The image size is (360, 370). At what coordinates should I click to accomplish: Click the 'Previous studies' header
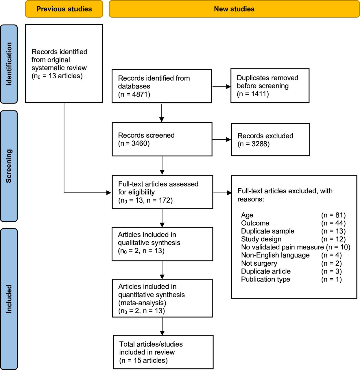point(64,9)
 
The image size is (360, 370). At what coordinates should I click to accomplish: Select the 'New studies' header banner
point(234,9)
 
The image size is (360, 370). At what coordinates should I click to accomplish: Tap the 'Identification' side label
point(9,64)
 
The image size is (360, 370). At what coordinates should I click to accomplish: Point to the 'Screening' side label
point(9,166)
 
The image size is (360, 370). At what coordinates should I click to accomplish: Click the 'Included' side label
point(9,299)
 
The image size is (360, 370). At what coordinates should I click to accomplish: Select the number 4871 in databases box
point(140,94)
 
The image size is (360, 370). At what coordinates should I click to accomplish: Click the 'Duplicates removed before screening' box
point(270,86)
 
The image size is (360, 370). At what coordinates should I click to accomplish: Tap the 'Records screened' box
point(162,139)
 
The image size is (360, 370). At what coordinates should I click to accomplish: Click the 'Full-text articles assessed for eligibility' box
point(163,192)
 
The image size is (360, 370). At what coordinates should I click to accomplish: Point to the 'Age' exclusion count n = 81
point(333,215)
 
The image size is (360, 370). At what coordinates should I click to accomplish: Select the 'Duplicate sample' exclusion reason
point(267,231)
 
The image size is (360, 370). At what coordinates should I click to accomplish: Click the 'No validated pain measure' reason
point(283,247)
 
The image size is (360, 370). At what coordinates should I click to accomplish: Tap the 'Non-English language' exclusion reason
point(275,255)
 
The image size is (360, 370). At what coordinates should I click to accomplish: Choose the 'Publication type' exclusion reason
point(265,279)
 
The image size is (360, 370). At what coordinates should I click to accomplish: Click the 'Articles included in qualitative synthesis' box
point(162,244)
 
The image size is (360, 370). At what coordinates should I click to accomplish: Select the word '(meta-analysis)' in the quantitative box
point(142,303)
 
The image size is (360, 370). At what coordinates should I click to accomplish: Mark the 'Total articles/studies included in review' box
point(163,352)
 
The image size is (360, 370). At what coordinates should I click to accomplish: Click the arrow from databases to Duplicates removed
point(221,86)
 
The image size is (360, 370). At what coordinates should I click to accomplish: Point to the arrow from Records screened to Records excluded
point(221,140)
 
